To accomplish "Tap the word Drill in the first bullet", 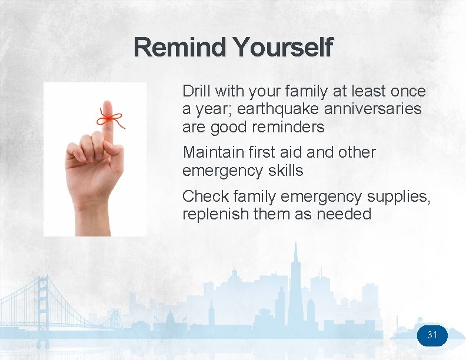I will pos(196,91).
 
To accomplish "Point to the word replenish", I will pos(215,214).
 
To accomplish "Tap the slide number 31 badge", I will pos(432,335).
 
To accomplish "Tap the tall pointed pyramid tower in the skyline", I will pos(296,276).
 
